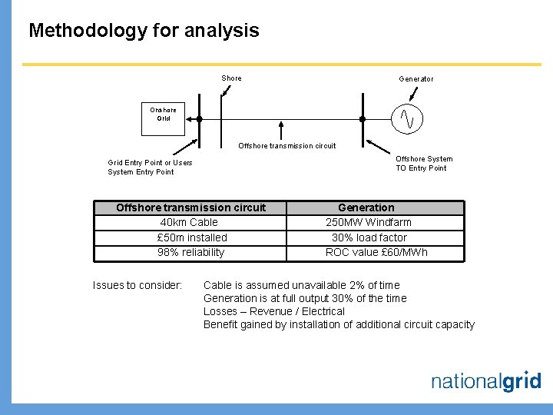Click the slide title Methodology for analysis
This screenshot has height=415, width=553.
pos(144,31)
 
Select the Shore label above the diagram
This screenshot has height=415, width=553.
pos(231,78)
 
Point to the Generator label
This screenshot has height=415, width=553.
pos(416,79)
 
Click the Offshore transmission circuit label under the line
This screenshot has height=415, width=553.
pos(286,145)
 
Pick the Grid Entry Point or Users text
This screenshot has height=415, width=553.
pos(150,163)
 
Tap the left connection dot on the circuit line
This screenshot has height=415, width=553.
pos(199,119)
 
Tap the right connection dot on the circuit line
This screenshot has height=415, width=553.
pos(363,119)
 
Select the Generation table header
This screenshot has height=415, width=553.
pos(366,207)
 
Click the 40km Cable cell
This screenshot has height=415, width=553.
pos(189,222)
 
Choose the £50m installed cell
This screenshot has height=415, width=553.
pos(191,237)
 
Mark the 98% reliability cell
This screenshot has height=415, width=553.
pos(190,252)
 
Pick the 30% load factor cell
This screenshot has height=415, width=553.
pos(369,237)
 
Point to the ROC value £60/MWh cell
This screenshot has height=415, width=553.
pos(376,252)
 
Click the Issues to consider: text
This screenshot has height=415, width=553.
pos(137,285)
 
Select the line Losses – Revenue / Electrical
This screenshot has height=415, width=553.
pos(274,311)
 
